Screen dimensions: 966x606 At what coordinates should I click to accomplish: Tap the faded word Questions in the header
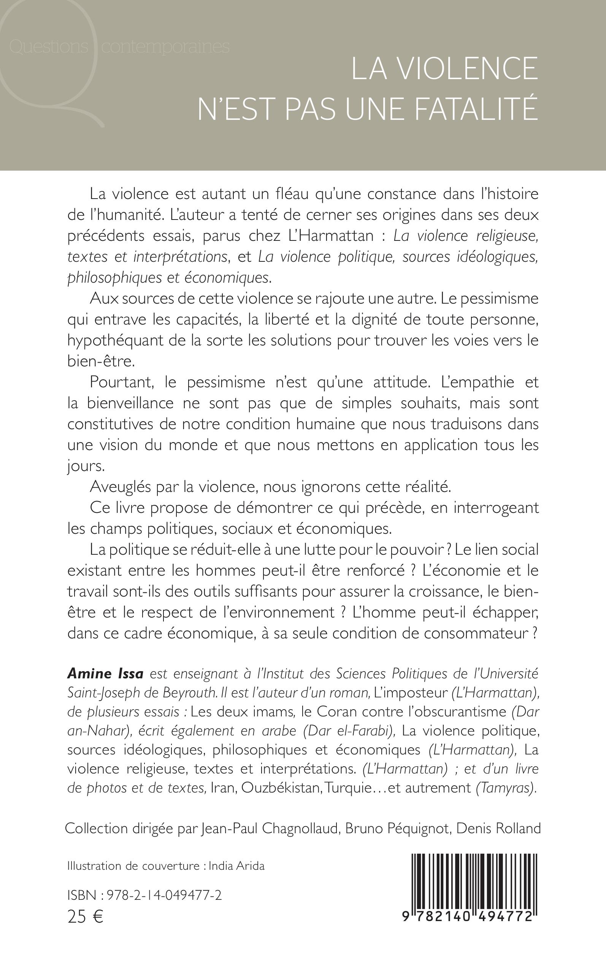point(48,47)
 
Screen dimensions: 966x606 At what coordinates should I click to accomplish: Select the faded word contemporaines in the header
point(165,47)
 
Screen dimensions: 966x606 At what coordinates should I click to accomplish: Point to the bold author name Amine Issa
point(105,674)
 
